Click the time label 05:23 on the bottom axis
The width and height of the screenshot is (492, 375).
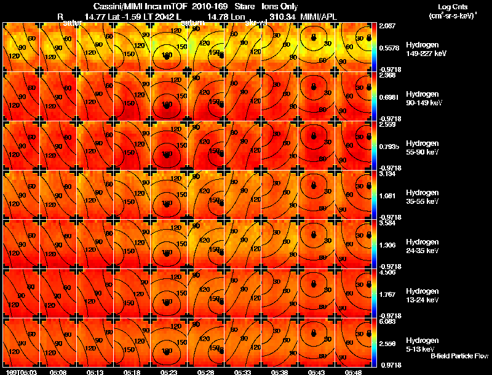pos(169,371)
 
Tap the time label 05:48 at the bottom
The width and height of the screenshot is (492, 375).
pos(352,371)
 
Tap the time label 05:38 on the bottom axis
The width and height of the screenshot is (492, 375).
pos(279,371)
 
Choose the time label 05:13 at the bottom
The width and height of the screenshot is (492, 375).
pos(95,371)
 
